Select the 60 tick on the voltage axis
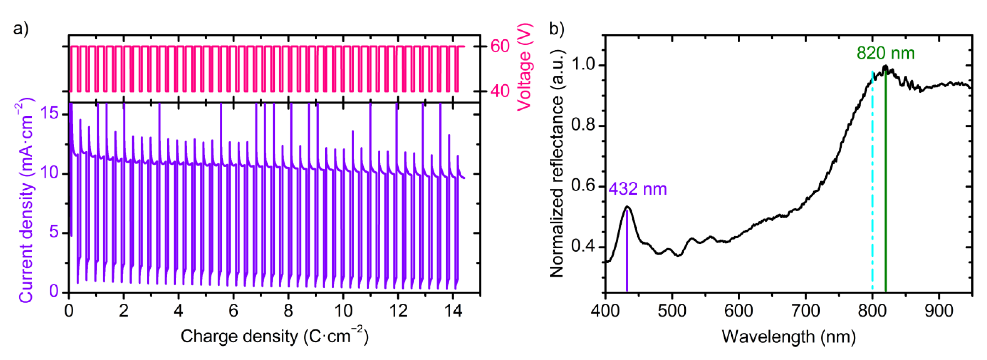pos(500,46)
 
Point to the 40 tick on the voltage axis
pos(500,91)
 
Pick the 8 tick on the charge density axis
pos(288,311)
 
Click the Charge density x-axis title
pos(274,336)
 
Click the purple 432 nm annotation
pos(638,189)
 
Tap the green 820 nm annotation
pos(885,53)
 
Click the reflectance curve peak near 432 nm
pos(627,207)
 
